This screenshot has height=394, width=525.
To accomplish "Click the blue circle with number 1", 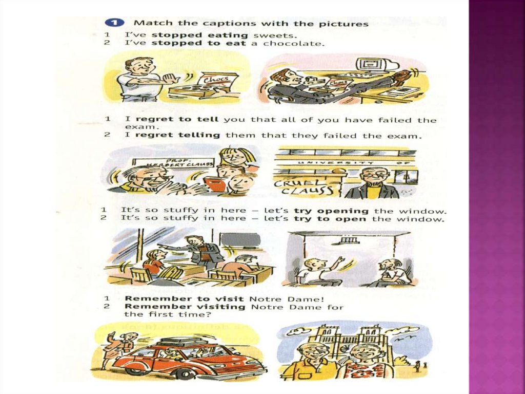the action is point(114,23).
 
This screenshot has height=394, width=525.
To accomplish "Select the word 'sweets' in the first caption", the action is point(275,35).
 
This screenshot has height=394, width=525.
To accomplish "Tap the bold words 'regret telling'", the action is point(177,135).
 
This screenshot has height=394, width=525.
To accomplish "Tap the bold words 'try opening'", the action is point(331,211).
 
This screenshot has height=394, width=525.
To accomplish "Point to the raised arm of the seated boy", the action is point(333,264).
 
